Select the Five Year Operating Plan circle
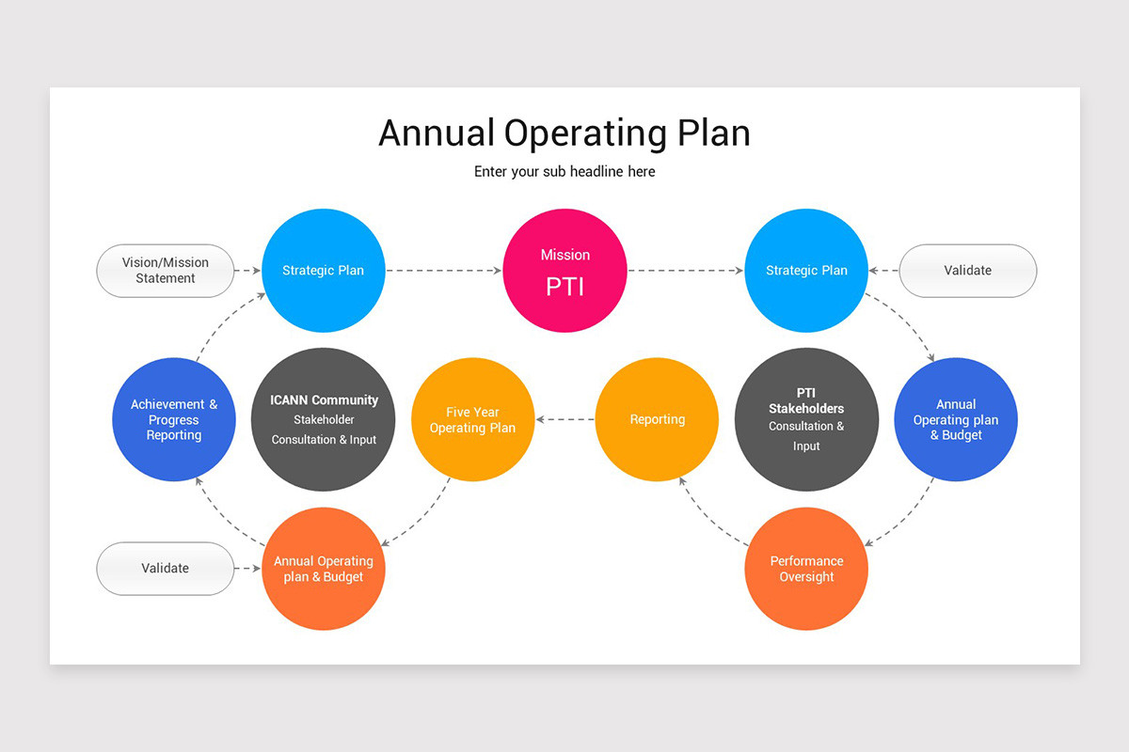[x=472, y=419]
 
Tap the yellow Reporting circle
[x=657, y=419]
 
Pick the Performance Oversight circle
[x=806, y=569]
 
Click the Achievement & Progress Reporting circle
[x=173, y=419]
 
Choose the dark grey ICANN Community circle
[x=324, y=419]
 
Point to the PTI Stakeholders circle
[x=806, y=419]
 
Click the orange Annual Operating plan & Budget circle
[x=324, y=569]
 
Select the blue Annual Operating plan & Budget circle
[x=956, y=419]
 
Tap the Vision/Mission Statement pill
[x=166, y=271]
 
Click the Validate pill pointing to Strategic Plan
[x=968, y=271]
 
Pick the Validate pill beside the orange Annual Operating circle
[x=166, y=569]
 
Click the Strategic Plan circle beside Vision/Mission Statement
[x=324, y=271]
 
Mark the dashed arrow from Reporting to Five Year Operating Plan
[x=564, y=419]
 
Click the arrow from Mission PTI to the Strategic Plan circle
[x=685, y=271]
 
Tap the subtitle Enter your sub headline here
[x=564, y=172]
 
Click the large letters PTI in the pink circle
[x=564, y=286]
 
